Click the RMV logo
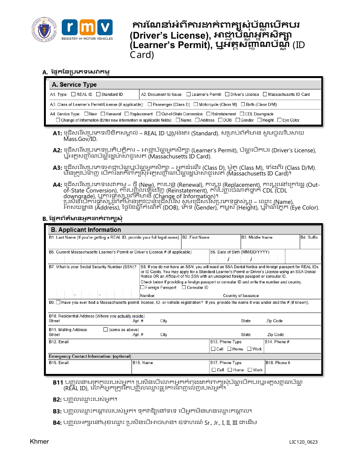coord(87,30)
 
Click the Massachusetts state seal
coord(44,30)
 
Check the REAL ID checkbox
coord(74,94)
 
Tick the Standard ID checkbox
coord(99,94)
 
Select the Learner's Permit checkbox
coord(189,94)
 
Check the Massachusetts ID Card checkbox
coord(265,94)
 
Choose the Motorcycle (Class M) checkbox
coord(196,104)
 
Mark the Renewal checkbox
coord(103,114)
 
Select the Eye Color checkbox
coord(279,120)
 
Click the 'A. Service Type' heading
coord(74,84)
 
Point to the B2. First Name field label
coord(196,238)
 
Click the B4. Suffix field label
coord(309,238)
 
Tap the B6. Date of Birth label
coord(239,252)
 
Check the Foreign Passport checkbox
coord(142,288)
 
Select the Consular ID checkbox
coord(184,288)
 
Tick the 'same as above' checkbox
coord(106,330)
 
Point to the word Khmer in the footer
coord(39,442)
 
